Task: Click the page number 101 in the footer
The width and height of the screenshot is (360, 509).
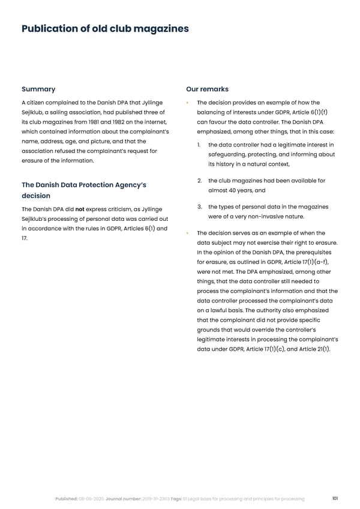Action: [335, 499]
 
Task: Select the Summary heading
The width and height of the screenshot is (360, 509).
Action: [38, 89]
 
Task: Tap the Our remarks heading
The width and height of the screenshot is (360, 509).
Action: [207, 89]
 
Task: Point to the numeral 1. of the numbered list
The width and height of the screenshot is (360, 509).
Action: [200, 145]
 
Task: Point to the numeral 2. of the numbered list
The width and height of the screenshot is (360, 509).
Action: [200, 181]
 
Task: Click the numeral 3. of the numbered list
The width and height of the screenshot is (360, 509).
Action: [200, 207]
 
